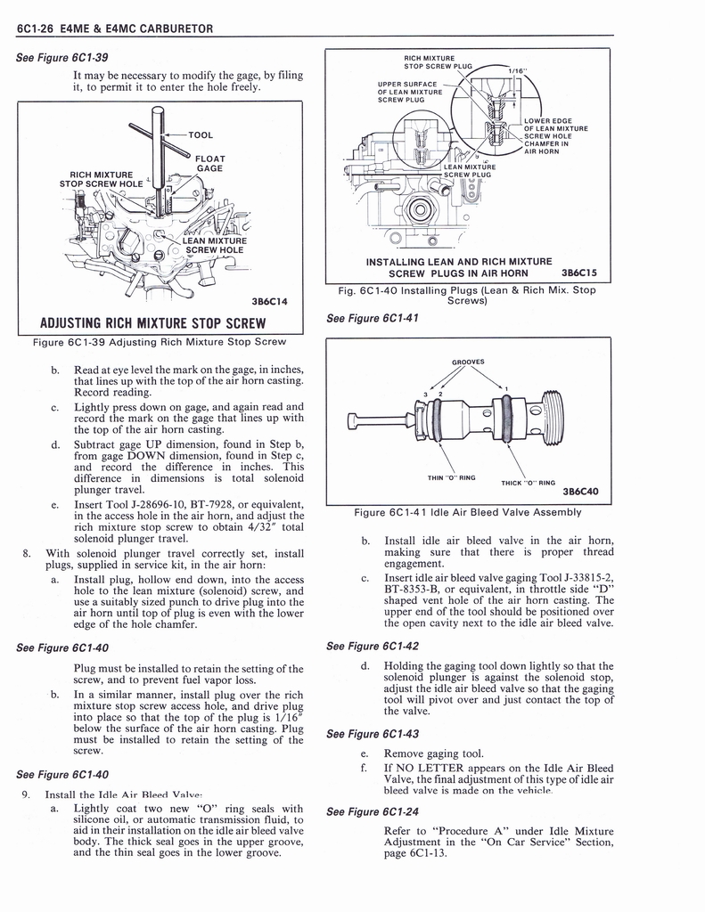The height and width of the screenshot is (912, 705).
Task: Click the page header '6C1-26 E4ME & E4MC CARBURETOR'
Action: pos(115,28)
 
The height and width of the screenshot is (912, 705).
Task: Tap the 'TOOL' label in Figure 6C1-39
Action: pos(201,135)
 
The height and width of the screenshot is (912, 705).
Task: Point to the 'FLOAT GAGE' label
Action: pos(209,163)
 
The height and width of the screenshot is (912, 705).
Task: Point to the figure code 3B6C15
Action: pos(578,273)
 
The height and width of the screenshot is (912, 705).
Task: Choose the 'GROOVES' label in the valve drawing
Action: pos(467,362)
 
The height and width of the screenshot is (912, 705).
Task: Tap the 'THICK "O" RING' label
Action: pos(529,483)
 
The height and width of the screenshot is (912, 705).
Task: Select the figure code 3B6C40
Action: pos(580,491)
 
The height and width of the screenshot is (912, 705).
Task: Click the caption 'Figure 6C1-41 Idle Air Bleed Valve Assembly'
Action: pos(467,512)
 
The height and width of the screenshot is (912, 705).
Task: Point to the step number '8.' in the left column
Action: pos(29,553)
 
